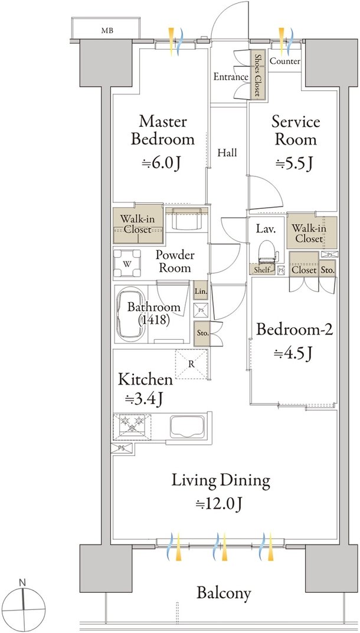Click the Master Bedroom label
162,130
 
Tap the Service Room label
296,130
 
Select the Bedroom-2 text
294,330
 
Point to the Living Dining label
221,481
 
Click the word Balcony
224,593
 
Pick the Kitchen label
145,379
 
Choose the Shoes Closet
257,74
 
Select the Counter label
285,61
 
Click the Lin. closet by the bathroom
201,290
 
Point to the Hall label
227,153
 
